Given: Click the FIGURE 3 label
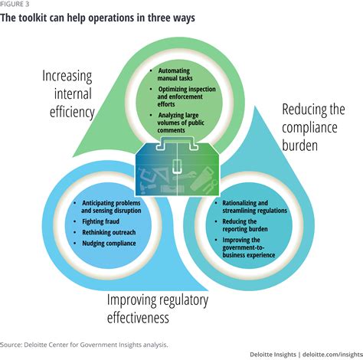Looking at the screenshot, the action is click(15, 4).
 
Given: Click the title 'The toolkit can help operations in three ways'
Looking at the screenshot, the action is click(97, 18).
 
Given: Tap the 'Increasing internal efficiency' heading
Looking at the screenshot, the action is click(68, 94).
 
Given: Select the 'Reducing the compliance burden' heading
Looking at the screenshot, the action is click(313, 127).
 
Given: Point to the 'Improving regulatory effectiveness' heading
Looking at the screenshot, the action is click(158, 309).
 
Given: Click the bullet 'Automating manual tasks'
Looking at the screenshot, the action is click(175, 74).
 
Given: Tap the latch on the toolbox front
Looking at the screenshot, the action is click(177, 166).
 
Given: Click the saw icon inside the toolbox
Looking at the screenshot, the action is click(201, 178).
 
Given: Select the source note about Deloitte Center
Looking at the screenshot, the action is click(84, 345).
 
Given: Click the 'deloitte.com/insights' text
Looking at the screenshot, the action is click(332, 355).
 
